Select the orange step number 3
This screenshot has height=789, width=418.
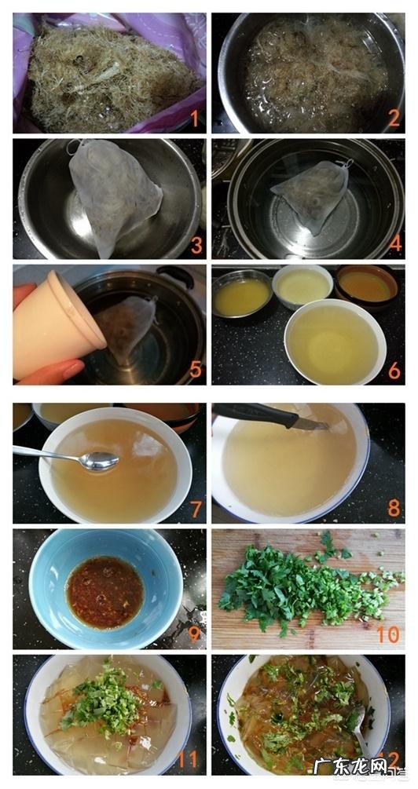(194, 245)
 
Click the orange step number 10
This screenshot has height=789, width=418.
(388, 634)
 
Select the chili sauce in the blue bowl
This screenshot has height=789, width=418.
(104, 592)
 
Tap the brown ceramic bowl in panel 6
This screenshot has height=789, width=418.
(366, 287)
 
